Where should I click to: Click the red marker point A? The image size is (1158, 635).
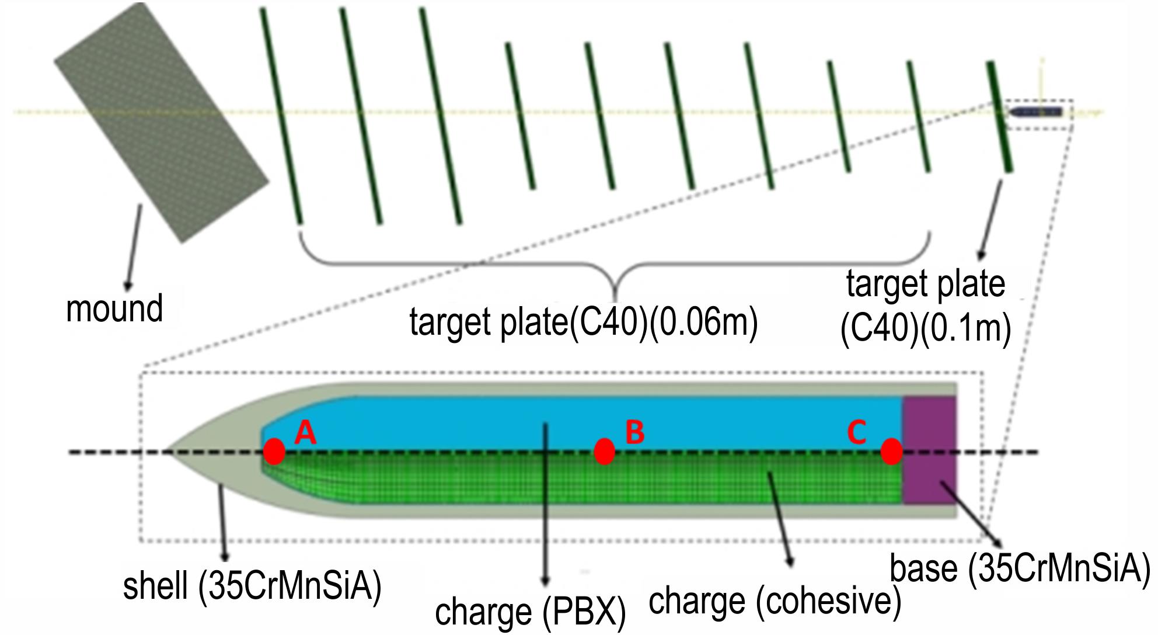coord(274,452)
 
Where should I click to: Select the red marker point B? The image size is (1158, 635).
coord(605,452)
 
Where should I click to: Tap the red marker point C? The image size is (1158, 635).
coord(891,452)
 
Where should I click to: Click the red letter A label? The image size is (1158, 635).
coord(305,433)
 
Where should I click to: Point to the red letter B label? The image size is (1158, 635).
coord(635,433)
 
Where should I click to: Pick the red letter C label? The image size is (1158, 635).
coord(857,433)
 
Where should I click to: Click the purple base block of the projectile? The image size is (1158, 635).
coord(929,450)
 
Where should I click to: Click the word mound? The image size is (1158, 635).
coord(114,309)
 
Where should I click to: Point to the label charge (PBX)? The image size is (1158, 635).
coord(531,612)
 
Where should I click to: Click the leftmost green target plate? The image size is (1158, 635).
coord(281,116)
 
